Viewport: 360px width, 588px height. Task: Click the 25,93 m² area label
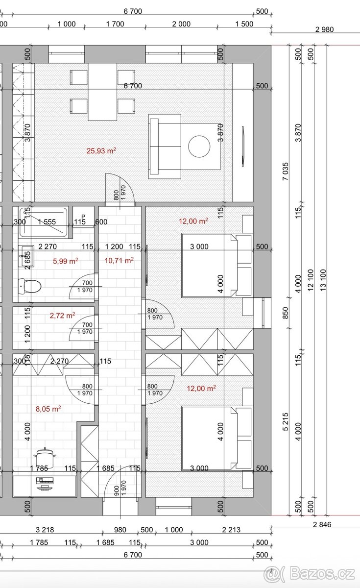coord(101,151)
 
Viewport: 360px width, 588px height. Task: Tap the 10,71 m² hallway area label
coord(119,260)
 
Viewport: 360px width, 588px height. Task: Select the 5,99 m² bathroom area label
coord(65,261)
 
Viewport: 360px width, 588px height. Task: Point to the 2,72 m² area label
coord(63,315)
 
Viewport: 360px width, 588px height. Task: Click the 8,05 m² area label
coord(48,409)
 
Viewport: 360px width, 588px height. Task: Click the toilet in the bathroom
coord(30,286)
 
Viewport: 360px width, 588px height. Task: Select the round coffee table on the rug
coord(199,147)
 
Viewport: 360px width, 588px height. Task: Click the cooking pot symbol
coord(45,458)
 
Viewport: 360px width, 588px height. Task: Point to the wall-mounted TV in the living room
coord(243,146)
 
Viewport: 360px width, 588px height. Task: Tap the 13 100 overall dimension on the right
coord(323,280)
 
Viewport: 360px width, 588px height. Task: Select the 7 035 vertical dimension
coord(285,171)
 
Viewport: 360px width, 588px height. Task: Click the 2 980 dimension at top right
coord(325,29)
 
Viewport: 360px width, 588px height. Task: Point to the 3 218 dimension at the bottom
coord(45,530)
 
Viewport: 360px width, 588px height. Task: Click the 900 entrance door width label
coord(117,490)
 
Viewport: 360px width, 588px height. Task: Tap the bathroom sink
coord(26,256)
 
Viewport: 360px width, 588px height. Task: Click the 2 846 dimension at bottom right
coord(322,524)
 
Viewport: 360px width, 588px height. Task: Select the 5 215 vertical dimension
coord(285,422)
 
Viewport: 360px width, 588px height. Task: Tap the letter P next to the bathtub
coord(83,217)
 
